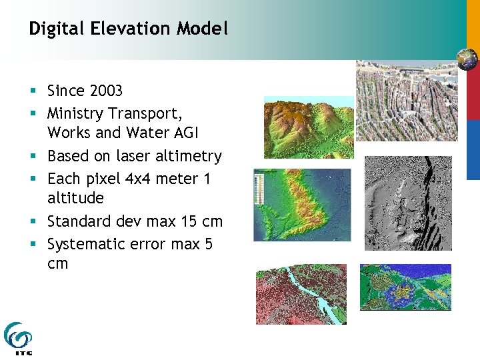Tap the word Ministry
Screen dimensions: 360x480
coord(75,114)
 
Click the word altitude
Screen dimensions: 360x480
coord(75,198)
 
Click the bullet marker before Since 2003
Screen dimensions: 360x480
coord(32,91)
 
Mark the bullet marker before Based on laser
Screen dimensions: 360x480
coord(32,157)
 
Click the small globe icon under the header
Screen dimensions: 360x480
coord(467,59)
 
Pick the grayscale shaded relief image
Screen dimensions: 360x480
coord(407,203)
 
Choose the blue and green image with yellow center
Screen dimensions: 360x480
coord(405,287)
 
